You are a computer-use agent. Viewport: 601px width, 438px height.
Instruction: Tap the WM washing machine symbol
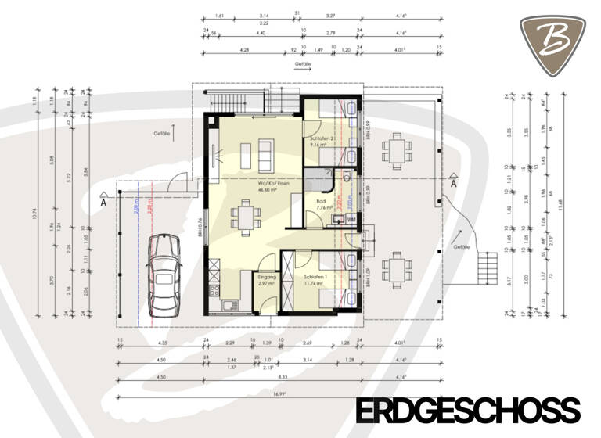351,221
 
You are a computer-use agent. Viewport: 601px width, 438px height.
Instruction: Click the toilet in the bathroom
345,178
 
